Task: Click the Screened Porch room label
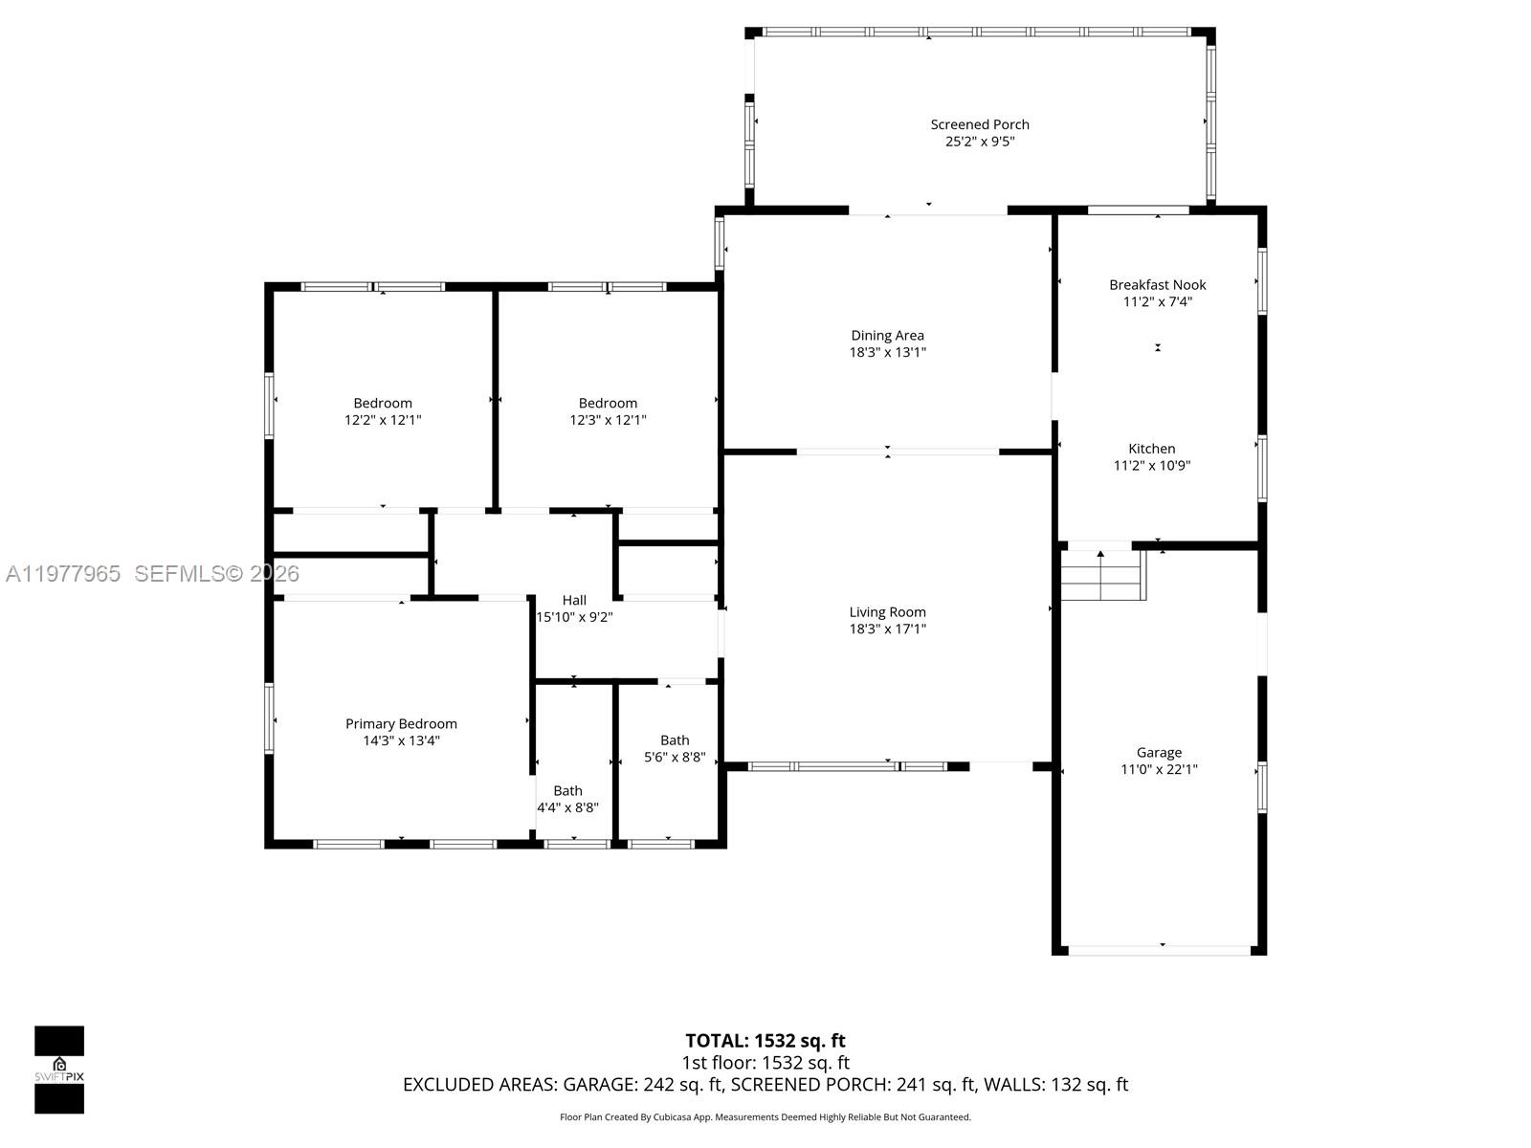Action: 980,124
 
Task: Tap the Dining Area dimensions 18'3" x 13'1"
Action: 887,352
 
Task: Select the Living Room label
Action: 887,612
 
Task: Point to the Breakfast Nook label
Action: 1157,285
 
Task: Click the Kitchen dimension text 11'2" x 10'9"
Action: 1151,466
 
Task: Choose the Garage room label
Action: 1159,753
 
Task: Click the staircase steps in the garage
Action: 1102,576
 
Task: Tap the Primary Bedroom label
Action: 401,724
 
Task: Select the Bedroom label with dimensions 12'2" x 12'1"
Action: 383,404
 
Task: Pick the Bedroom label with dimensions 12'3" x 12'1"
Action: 608,404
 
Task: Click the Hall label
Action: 574,601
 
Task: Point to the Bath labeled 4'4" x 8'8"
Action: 567,791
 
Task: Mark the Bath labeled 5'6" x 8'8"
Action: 675,740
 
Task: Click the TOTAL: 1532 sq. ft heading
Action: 765,1041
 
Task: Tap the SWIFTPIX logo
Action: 59,1070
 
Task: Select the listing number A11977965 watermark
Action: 63,574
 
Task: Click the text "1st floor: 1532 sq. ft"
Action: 765,1063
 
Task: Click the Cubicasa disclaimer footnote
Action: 765,1117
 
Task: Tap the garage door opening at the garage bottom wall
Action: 1160,950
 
